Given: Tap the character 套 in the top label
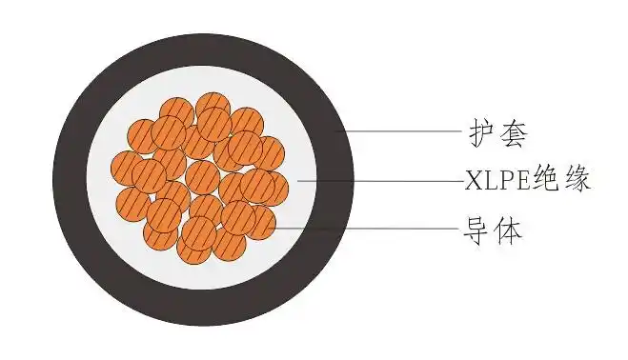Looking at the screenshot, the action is (x=513, y=131).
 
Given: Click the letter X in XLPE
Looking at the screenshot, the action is (x=474, y=180).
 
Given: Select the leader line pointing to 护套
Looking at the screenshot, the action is (x=400, y=130).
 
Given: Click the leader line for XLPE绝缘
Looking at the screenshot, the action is (x=381, y=179).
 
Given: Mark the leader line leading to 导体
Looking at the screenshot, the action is (x=362, y=229).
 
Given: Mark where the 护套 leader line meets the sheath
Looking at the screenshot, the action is (x=339, y=130).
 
